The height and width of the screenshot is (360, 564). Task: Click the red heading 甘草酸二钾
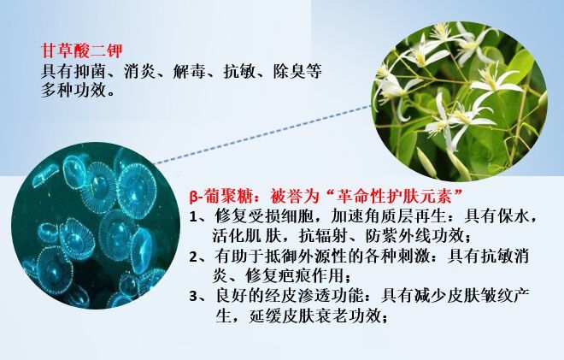(82, 50)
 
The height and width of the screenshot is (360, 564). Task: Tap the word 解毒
(190, 72)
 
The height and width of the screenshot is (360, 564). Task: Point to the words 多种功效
(73, 90)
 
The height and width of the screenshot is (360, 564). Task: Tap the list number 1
(194, 216)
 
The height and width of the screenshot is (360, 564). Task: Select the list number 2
(194, 257)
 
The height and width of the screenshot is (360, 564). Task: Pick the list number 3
(194, 296)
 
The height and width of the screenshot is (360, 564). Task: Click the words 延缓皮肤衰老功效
(315, 316)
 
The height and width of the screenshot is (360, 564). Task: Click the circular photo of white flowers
(460, 101)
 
